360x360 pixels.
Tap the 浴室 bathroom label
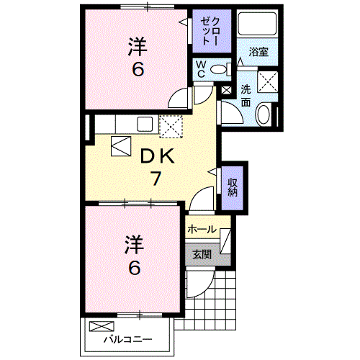[x=259, y=53]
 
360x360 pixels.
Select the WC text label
[x=202, y=70]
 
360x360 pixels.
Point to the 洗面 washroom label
[x=246, y=96]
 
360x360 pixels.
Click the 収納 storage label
[x=233, y=186]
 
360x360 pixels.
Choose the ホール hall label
[x=202, y=229]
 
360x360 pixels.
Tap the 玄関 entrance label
[x=201, y=253]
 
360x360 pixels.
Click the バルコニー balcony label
[x=127, y=338]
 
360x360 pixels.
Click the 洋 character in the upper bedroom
[x=136, y=47]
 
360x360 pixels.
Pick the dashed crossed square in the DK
[x=172, y=127]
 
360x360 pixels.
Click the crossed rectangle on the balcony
[x=96, y=326]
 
